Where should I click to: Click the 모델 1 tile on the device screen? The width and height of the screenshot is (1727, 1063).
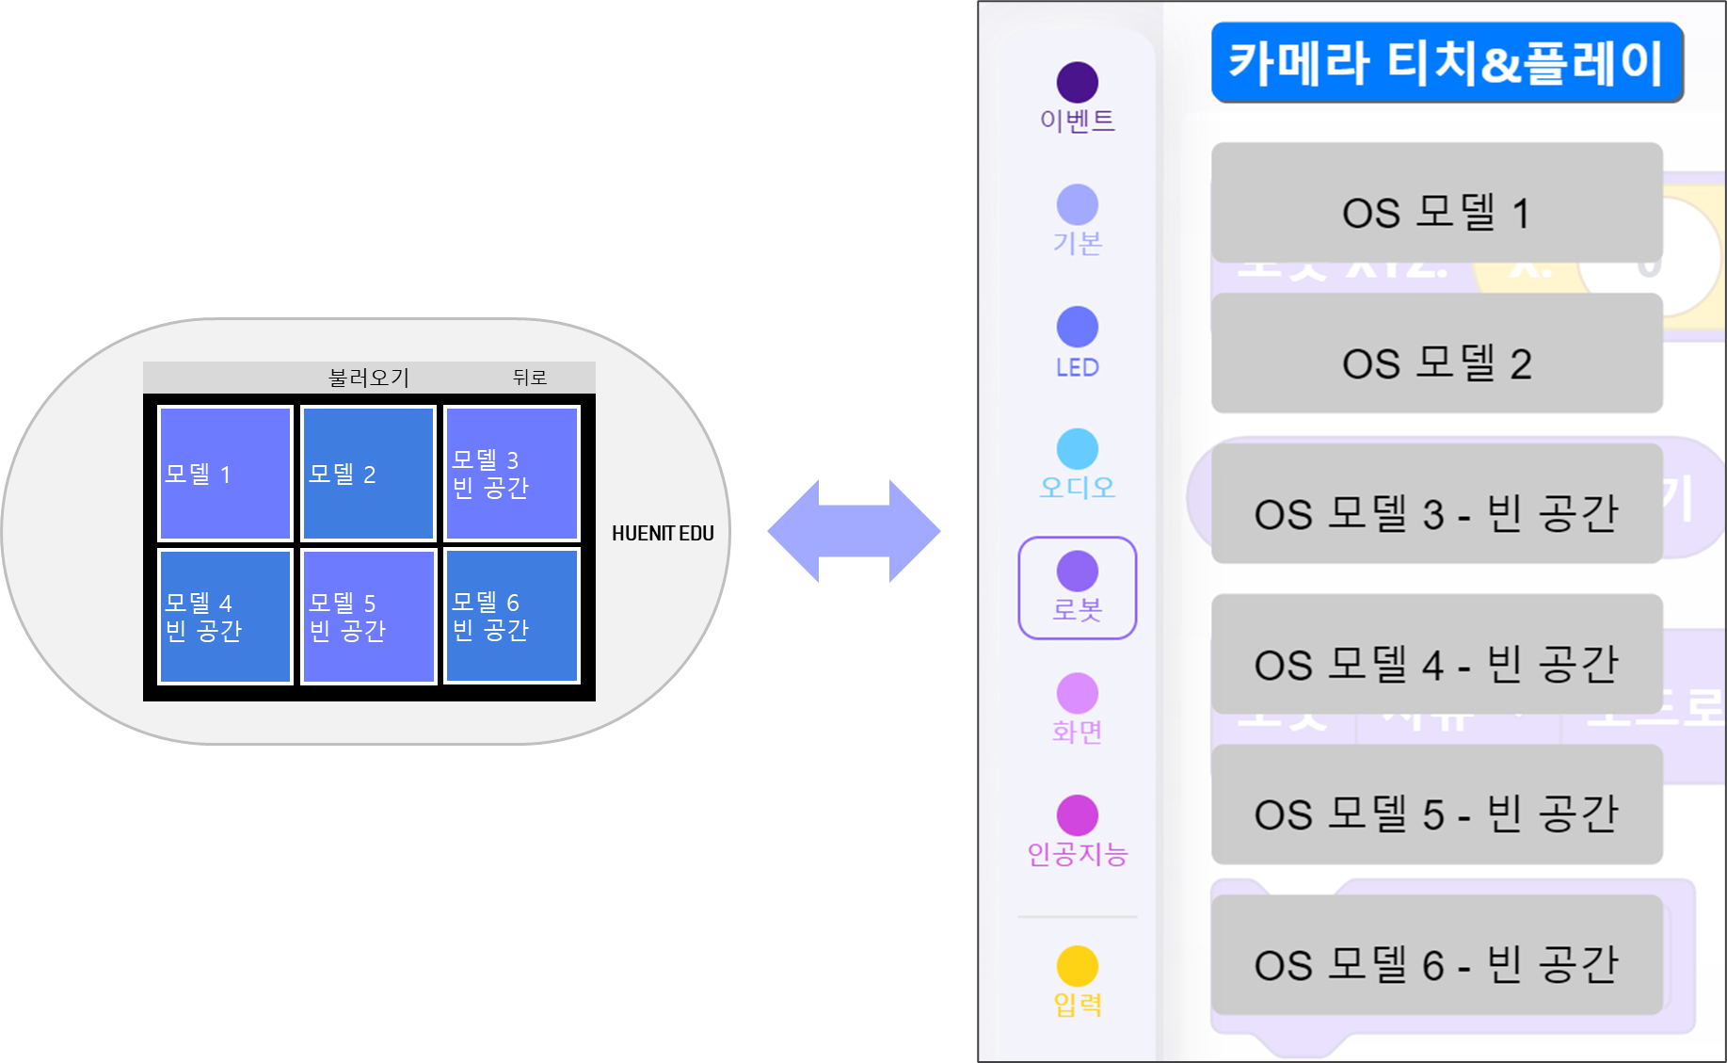pyautogui.click(x=225, y=473)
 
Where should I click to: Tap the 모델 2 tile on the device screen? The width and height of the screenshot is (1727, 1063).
pyautogui.click(x=368, y=473)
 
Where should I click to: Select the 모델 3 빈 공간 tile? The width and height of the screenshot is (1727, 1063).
pyautogui.click(x=511, y=473)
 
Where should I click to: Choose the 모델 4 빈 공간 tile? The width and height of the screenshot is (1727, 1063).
pyautogui.click(x=225, y=616)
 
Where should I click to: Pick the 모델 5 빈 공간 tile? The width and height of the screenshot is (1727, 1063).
pyautogui.click(x=368, y=616)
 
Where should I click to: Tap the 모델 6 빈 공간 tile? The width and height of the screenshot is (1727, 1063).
pyautogui.click(x=511, y=616)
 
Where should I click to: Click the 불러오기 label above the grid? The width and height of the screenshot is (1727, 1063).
pyautogui.click(x=369, y=378)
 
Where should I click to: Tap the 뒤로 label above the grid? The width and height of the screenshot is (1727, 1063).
pyautogui.click(x=529, y=378)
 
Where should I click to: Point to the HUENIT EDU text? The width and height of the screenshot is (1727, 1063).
pyautogui.click(x=663, y=534)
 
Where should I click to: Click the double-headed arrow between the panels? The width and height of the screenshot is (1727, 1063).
pyautogui.click(x=854, y=531)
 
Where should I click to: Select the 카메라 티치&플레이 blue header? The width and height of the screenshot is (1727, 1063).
pyautogui.click(x=1446, y=63)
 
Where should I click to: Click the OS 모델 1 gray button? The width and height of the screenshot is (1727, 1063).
pyautogui.click(x=1436, y=203)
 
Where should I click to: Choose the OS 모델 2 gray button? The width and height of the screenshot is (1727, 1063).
pyautogui.click(x=1436, y=354)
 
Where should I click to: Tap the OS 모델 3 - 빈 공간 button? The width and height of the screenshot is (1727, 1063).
pyautogui.click(x=1436, y=505)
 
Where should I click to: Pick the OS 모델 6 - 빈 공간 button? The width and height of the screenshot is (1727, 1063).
pyautogui.click(x=1436, y=956)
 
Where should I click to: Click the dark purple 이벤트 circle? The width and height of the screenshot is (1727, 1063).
pyautogui.click(x=1078, y=83)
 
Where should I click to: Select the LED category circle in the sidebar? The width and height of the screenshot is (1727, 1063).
pyautogui.click(x=1078, y=327)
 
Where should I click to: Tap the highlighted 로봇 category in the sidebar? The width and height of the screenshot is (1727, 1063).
pyautogui.click(x=1078, y=588)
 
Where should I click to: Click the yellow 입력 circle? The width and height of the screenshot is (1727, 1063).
pyautogui.click(x=1078, y=966)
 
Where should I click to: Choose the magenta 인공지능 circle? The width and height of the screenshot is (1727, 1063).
pyautogui.click(x=1078, y=815)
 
